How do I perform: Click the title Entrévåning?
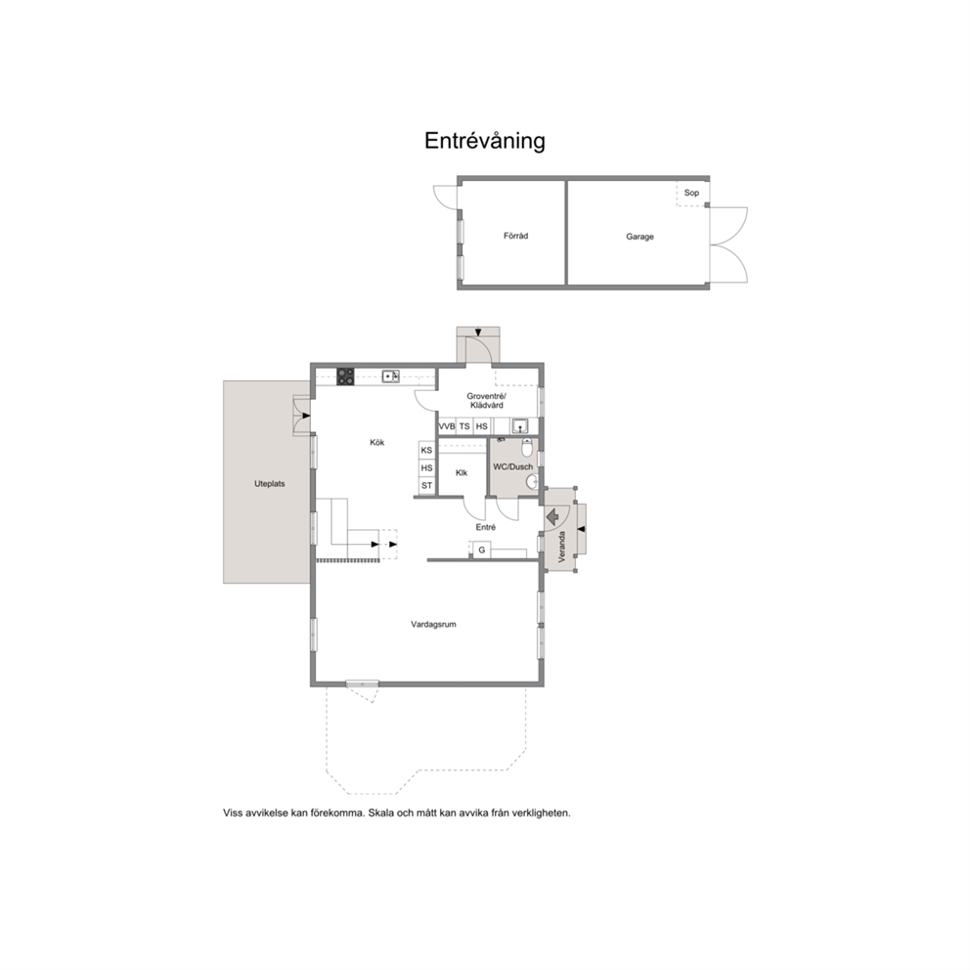[484, 142]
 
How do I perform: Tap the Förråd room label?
[515, 236]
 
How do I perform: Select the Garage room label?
[639, 237]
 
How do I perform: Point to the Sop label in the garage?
[691, 193]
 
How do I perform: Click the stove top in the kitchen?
[345, 376]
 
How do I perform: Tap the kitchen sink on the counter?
[390, 376]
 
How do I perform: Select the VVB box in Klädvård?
[447, 426]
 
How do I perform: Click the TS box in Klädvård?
[464, 426]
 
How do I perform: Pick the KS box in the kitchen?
[426, 451]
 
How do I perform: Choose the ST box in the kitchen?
[426, 486]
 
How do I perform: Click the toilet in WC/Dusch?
[527, 446]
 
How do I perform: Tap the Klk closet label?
[462, 472]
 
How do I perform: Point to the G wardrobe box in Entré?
[482, 550]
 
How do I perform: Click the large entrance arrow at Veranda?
[553, 515]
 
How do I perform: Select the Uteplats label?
[270, 484]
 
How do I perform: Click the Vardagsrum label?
[433, 624]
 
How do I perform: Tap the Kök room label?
[376, 442]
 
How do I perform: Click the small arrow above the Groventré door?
[477, 332]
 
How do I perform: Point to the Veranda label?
[562, 547]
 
